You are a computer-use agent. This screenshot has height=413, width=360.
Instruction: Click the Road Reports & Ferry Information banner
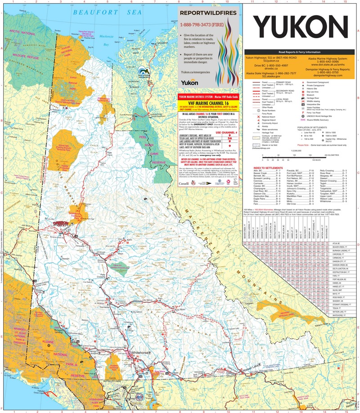(300, 52)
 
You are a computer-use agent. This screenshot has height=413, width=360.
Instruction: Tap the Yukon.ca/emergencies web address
(195, 71)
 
